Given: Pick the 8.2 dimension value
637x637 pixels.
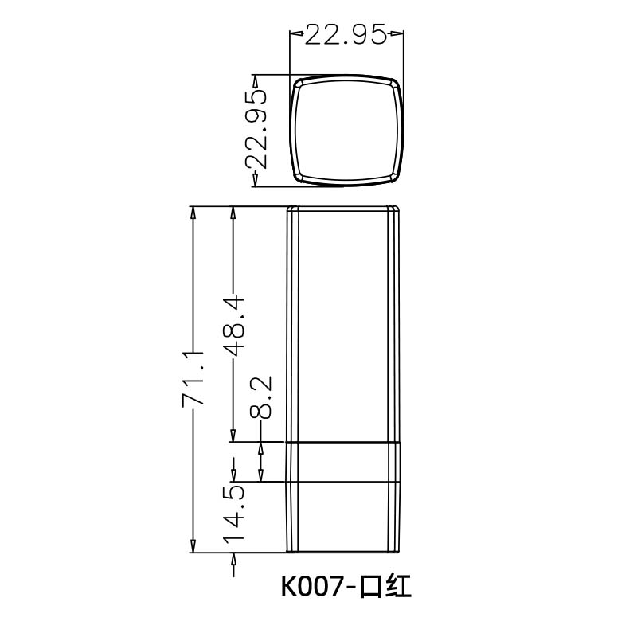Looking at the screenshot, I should click(x=261, y=398).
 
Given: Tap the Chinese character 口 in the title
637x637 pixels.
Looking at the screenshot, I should click(x=371, y=587).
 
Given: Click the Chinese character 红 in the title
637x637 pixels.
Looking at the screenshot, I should click(x=399, y=587).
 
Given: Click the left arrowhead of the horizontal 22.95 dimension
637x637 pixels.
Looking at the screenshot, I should click(x=292, y=33).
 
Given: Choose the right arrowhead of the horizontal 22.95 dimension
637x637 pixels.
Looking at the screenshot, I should click(x=400, y=33).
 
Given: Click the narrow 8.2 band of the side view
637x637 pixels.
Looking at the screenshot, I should click(x=344, y=462).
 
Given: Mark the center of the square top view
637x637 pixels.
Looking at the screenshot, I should click(x=346, y=131).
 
